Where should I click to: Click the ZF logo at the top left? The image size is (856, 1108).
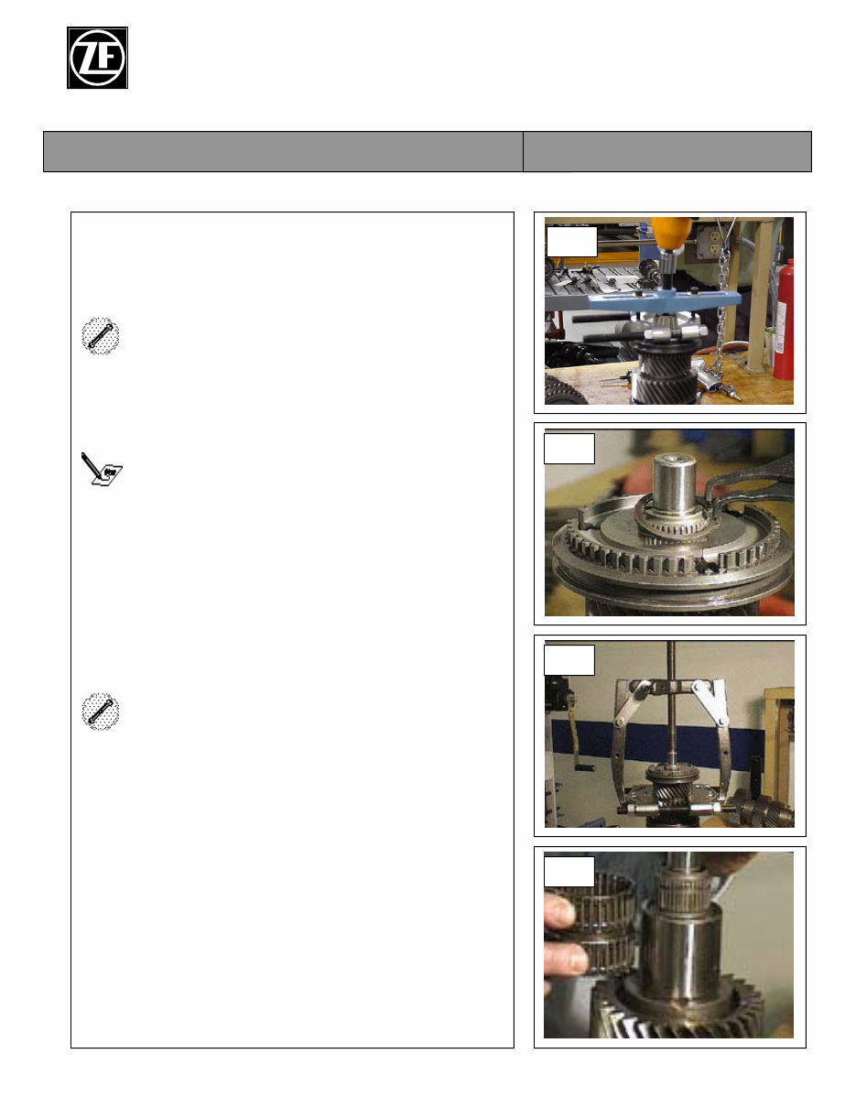tap(97, 58)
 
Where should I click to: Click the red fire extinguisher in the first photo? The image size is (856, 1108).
tap(783, 320)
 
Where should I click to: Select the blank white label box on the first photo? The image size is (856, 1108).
tap(571, 241)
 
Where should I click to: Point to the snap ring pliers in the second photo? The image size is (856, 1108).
tap(760, 490)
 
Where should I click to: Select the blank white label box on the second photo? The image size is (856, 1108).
tap(569, 449)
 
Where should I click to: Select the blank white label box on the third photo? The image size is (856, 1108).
tap(569, 660)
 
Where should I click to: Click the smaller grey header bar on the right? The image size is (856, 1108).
tap(666, 151)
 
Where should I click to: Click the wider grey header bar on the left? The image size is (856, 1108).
tap(283, 151)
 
